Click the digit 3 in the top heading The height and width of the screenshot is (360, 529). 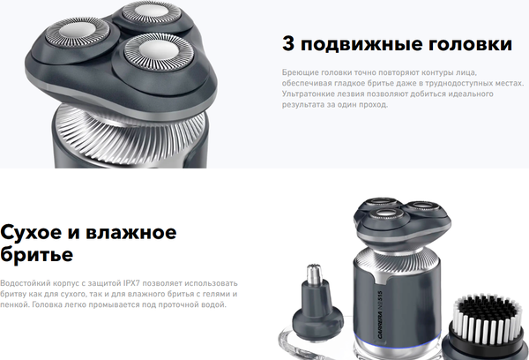[288, 44]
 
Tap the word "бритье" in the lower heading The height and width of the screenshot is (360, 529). [37, 255]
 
